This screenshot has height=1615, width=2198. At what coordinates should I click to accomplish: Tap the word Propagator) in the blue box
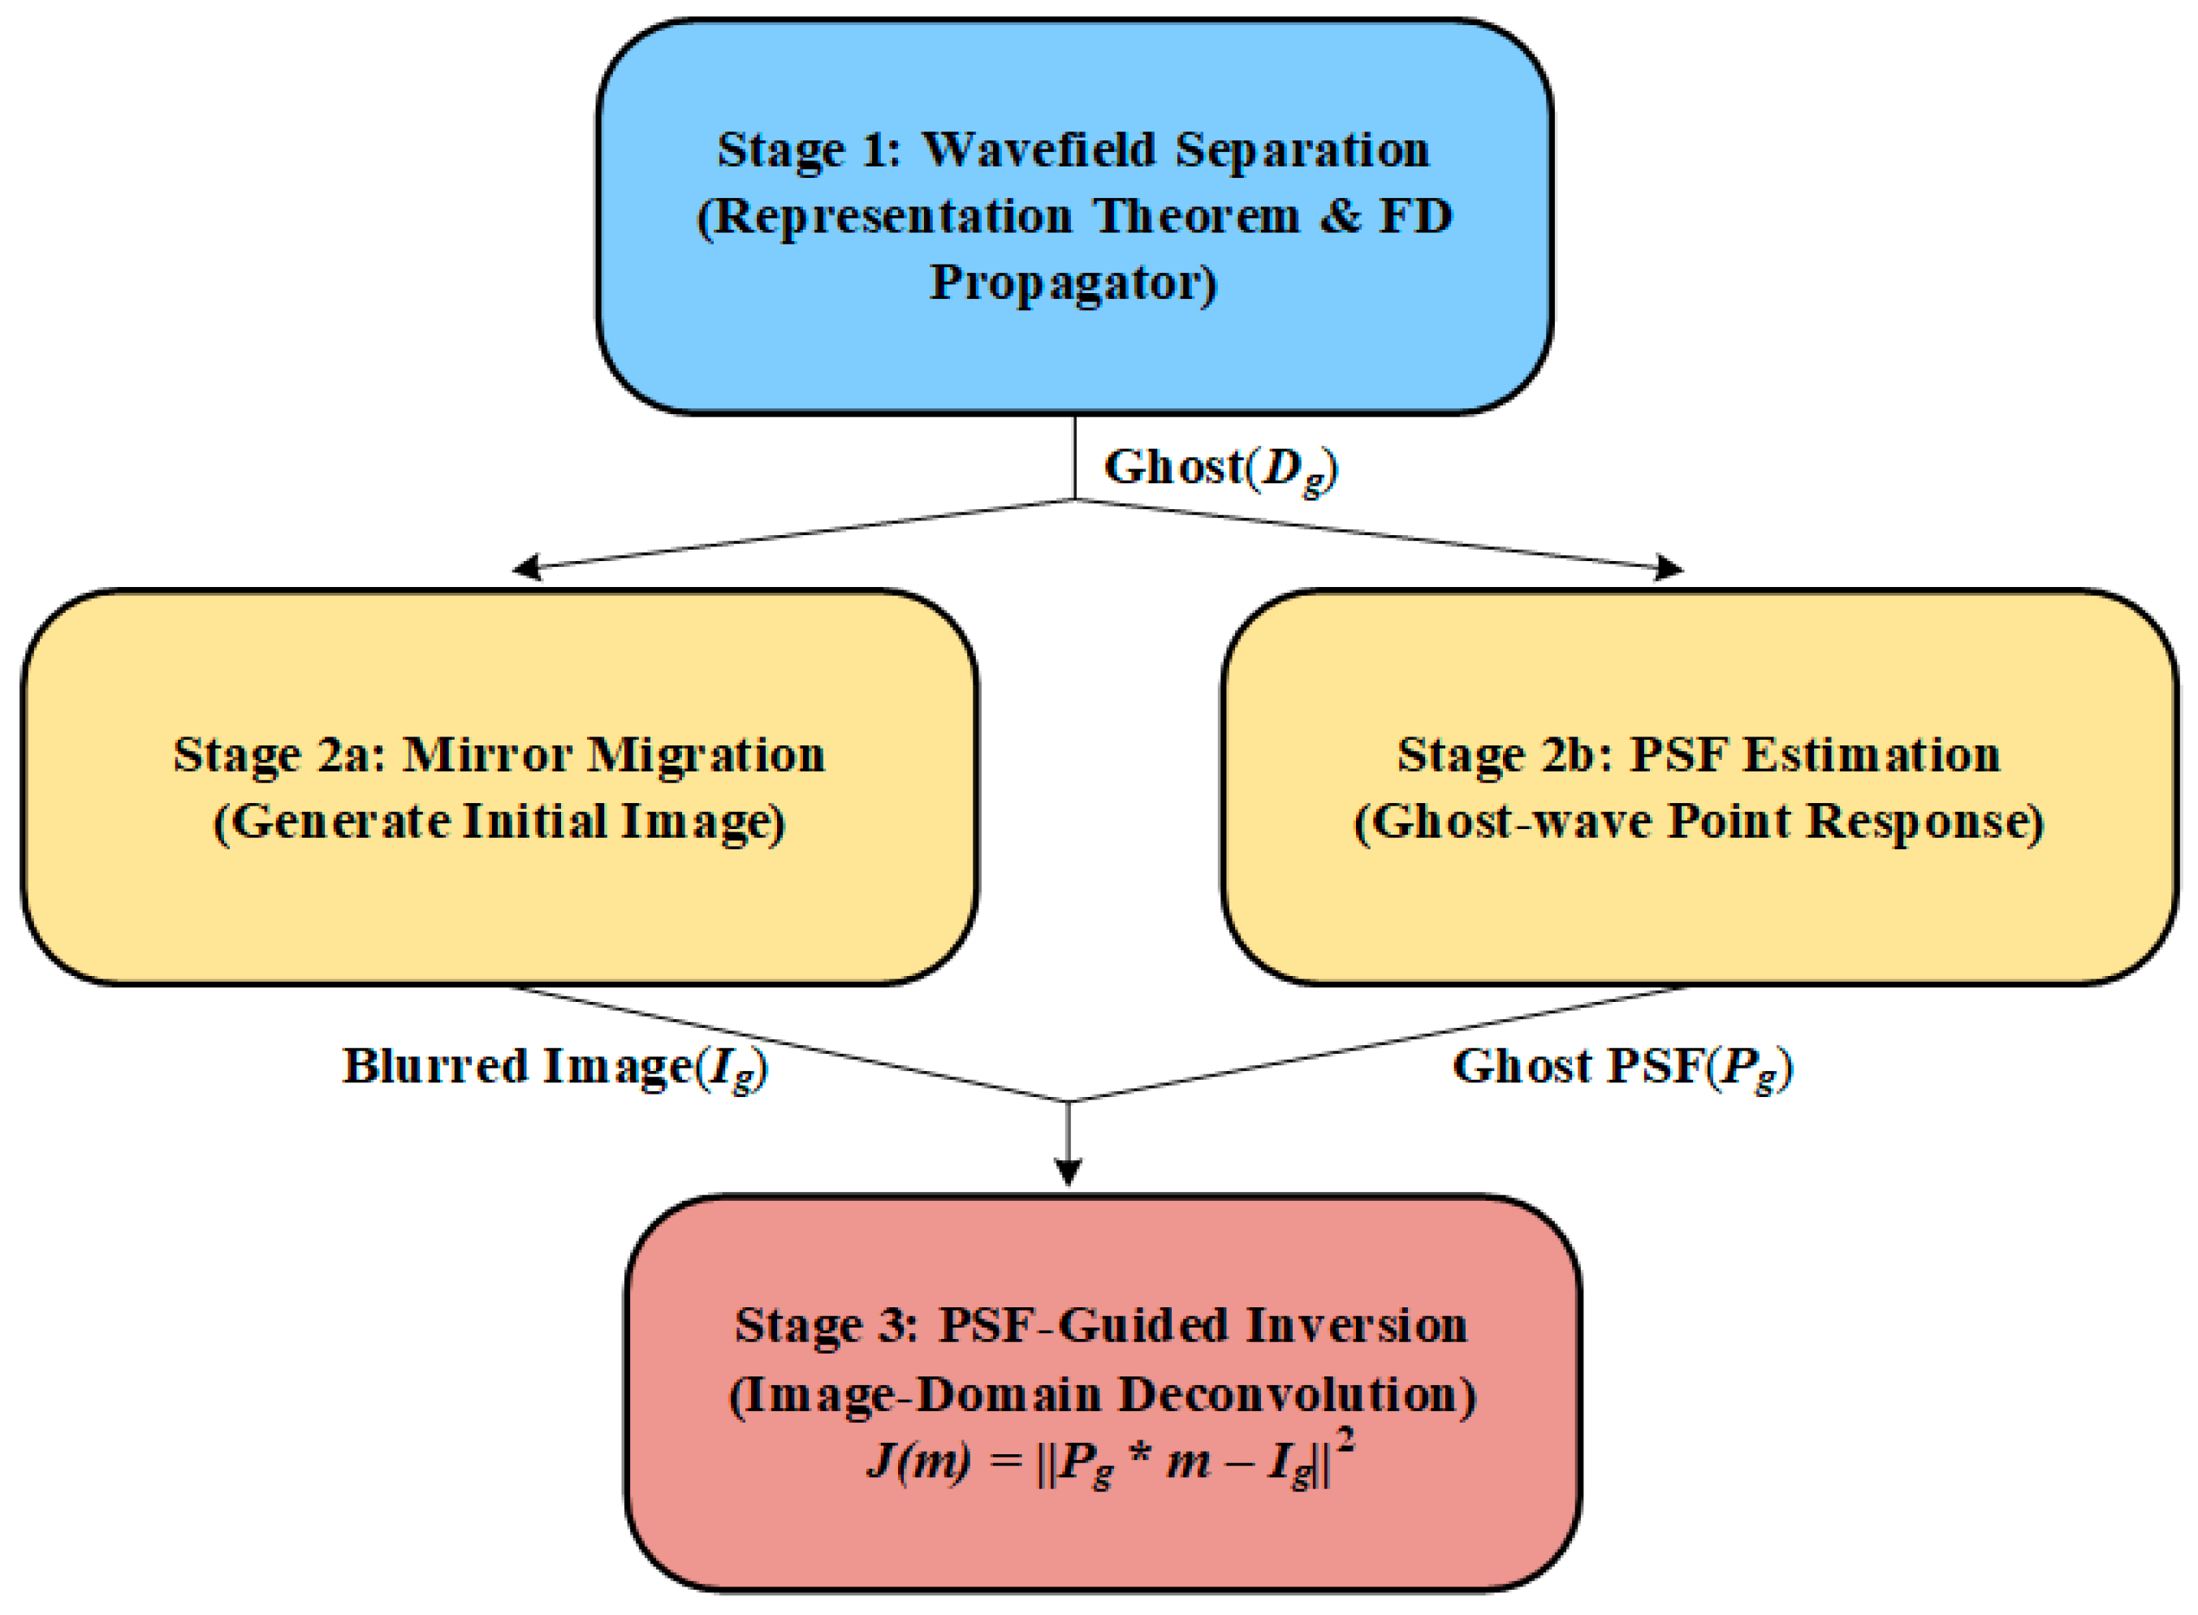(1073, 283)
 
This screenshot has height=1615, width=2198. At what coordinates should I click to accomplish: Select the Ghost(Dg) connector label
(1220, 469)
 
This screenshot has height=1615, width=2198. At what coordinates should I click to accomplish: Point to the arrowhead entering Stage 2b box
(1669, 567)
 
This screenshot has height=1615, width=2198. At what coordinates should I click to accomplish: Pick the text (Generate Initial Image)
(499, 821)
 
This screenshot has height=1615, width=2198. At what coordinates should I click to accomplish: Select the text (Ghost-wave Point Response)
(1699, 821)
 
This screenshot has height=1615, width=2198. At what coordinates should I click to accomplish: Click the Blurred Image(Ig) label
(554, 1067)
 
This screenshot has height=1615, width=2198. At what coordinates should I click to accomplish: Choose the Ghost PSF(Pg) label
(1622, 1067)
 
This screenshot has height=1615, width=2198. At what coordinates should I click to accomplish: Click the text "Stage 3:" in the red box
(827, 1327)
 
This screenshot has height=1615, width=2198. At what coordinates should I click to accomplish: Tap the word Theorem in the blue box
(1197, 217)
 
